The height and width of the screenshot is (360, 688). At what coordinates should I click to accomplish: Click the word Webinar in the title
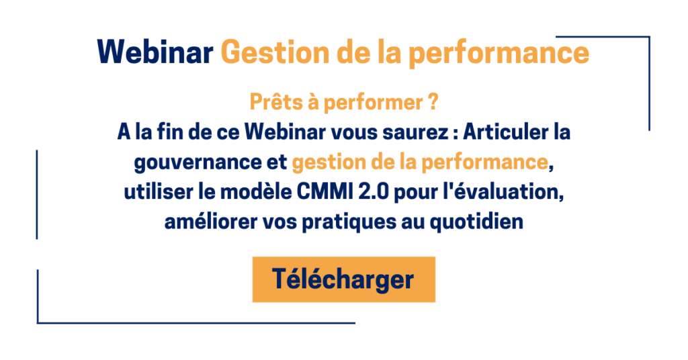155,52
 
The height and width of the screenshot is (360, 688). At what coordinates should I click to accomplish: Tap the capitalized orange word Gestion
275,52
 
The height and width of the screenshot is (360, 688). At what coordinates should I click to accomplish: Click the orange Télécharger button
343,279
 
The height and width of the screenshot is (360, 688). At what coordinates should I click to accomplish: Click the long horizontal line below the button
196,323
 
